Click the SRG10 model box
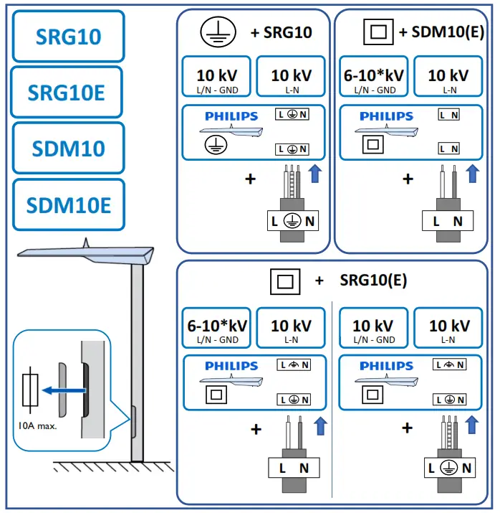pyautogui.click(x=68, y=36)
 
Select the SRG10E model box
pyautogui.click(x=67, y=92)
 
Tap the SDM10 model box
pyautogui.click(x=68, y=148)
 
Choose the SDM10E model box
pyautogui.click(x=68, y=204)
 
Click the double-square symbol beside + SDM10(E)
pyautogui.click(x=379, y=32)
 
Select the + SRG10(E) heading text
pyautogui.click(x=362, y=281)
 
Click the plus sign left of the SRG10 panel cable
pyautogui.click(x=250, y=179)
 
